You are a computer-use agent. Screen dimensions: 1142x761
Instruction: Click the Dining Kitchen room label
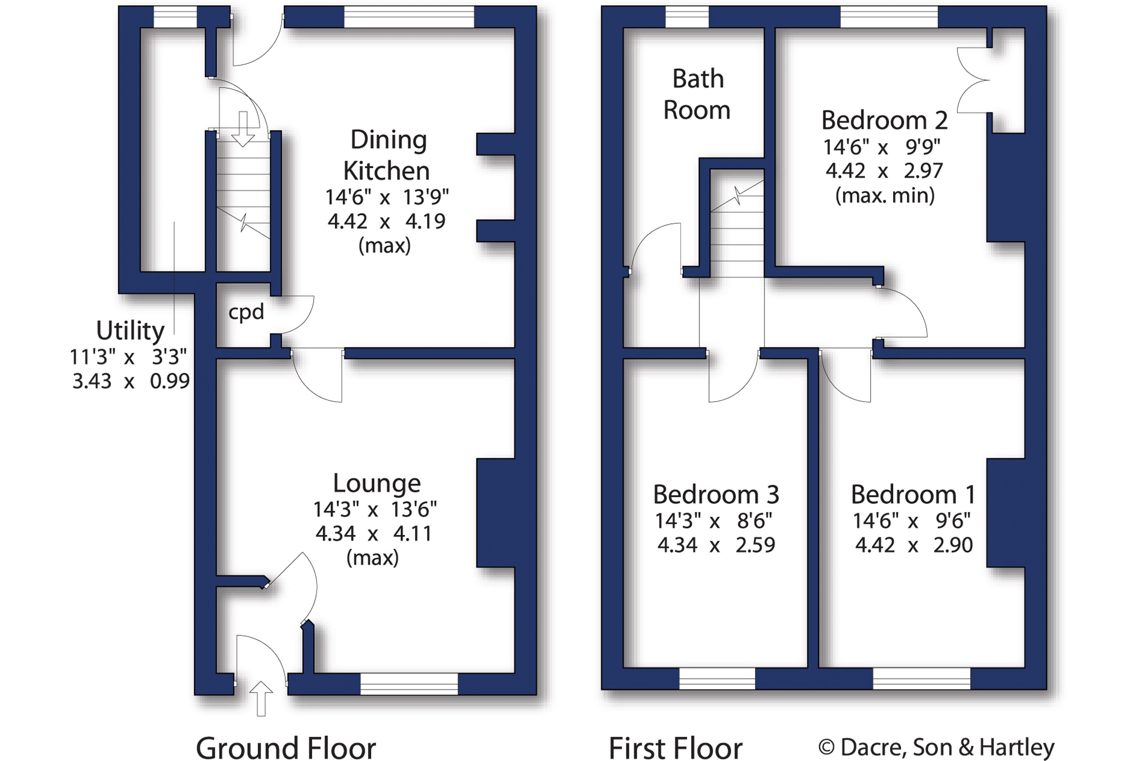(x=386, y=156)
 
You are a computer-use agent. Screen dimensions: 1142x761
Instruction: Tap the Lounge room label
(x=377, y=483)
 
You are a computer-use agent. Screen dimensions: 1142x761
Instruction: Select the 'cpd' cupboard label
(x=246, y=312)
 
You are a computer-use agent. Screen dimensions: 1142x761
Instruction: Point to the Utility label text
(x=130, y=331)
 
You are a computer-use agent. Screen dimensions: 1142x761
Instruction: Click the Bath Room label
(x=697, y=95)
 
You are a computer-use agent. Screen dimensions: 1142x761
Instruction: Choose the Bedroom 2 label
(x=884, y=120)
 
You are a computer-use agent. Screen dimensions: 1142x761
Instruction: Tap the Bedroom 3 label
(x=716, y=495)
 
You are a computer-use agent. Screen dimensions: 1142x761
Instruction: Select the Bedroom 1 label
(x=913, y=495)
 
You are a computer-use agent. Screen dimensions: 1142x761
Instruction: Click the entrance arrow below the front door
(x=261, y=698)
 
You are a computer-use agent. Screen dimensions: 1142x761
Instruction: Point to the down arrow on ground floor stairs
(x=243, y=129)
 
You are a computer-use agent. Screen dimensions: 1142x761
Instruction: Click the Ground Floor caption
(x=286, y=748)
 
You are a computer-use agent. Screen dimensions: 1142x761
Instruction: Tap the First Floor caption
(x=675, y=748)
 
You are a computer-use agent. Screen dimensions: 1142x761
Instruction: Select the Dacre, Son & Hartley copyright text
(x=936, y=747)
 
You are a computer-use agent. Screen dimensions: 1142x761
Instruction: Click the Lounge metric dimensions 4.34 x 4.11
(x=374, y=534)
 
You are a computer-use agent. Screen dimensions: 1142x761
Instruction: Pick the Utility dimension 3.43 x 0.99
(x=131, y=381)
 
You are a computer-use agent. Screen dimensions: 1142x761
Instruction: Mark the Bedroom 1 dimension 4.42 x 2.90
(x=914, y=545)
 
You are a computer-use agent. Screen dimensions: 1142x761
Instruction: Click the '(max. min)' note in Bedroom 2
(x=885, y=195)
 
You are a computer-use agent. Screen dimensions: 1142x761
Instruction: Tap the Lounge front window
(x=409, y=684)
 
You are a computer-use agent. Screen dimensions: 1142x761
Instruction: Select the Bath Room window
(x=687, y=17)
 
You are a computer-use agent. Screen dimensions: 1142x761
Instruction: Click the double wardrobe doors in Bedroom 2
(x=974, y=81)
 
